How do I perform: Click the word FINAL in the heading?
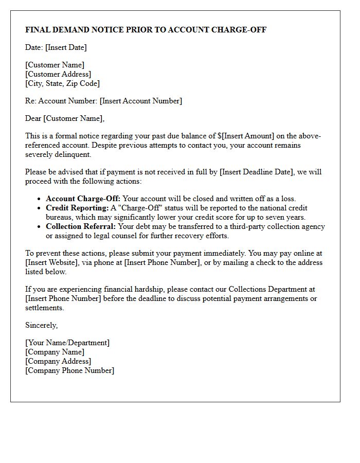click(x=39, y=30)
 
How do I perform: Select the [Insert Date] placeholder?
click(x=66, y=47)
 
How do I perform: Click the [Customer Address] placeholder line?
click(x=58, y=74)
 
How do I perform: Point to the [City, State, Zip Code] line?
click(x=62, y=83)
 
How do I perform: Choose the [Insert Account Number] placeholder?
click(x=140, y=101)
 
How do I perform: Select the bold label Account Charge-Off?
click(x=83, y=199)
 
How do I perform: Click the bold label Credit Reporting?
click(x=77, y=208)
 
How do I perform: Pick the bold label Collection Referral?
click(x=81, y=226)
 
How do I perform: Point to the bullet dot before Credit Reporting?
click(x=40, y=208)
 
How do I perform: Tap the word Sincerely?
click(x=41, y=325)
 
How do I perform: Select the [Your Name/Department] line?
click(x=67, y=343)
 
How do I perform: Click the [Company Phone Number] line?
click(x=69, y=370)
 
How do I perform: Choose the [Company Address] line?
click(x=58, y=361)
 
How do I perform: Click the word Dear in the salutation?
click(x=33, y=118)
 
